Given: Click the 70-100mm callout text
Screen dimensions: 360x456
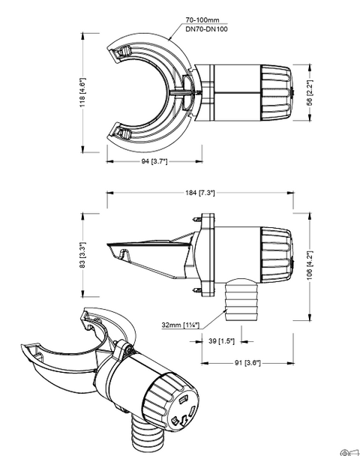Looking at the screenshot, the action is pyautogui.click(x=202, y=19).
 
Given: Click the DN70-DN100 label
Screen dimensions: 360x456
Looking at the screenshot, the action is pyautogui.click(x=206, y=28).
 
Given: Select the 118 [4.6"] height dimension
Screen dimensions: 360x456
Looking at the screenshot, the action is pyautogui.click(x=82, y=92).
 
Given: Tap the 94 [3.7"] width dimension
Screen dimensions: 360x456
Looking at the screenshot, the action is pyautogui.click(x=154, y=160).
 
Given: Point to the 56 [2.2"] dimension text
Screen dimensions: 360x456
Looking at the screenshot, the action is pyautogui.click(x=310, y=93).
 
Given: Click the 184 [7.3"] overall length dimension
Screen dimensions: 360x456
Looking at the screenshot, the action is pyautogui.click(x=200, y=193).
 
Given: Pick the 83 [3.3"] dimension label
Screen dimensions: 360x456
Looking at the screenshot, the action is pyautogui.click(x=82, y=255).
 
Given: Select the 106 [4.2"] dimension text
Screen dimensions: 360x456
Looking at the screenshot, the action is pyautogui.click(x=310, y=265).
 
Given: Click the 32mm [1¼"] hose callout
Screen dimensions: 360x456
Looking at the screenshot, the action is pyautogui.click(x=181, y=325).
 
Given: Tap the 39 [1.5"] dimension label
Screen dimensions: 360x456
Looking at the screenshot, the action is pyautogui.click(x=221, y=340).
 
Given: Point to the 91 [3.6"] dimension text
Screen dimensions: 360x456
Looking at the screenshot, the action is pyautogui.click(x=247, y=363).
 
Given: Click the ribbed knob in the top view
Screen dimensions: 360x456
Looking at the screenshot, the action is pyautogui.click(x=276, y=93).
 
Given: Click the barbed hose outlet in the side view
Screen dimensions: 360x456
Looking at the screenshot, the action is pyautogui.click(x=241, y=299).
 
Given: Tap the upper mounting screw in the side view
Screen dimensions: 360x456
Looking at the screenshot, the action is pyautogui.click(x=196, y=219).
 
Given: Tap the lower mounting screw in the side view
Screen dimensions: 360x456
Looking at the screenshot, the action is pyautogui.click(x=196, y=290).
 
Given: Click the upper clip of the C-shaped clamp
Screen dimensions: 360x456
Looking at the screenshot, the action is pyautogui.click(x=120, y=53).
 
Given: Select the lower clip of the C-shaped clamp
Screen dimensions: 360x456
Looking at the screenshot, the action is pyautogui.click(x=121, y=133).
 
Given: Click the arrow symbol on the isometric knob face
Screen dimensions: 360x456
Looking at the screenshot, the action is pyautogui.click(x=184, y=421).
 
